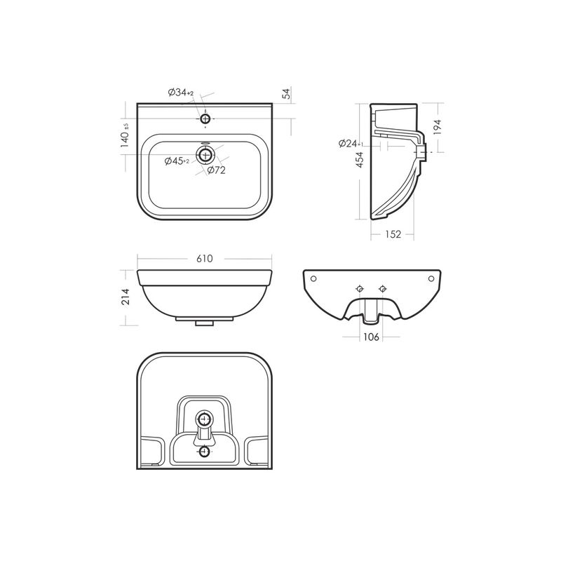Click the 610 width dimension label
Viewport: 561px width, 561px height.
pos(205,259)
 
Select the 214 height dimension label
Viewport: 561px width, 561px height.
pos(126,297)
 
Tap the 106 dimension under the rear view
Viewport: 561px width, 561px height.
pos(371,337)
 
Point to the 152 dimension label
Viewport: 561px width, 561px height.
pos(393,234)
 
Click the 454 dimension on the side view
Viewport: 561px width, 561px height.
pos(359,160)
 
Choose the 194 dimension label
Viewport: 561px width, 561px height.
pos(437,127)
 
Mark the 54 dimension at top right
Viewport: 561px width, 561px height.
pos(287,93)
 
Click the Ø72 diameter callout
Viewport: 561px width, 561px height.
pos(217,170)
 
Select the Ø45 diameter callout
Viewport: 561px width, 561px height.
pos(177,161)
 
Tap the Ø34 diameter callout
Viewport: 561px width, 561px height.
pos(181,93)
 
